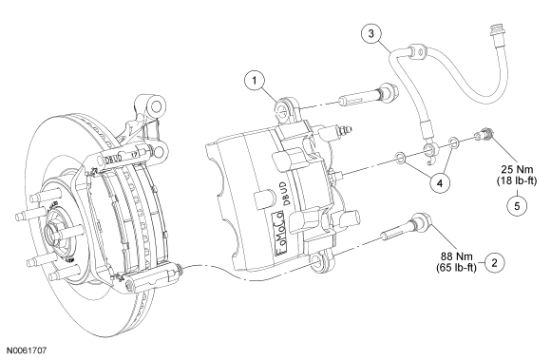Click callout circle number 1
pos(254,81)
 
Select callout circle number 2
pos(494,262)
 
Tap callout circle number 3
pos(371,33)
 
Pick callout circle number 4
pos(439,182)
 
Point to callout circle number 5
pos(517,205)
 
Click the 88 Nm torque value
pos(457,256)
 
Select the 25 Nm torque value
pos(517,169)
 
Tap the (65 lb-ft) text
pos(456,268)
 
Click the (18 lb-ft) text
pos(517,180)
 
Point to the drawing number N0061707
pos(27,351)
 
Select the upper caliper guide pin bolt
pos(369,95)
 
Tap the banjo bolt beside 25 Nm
pos(484,134)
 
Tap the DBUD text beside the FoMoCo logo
pos(287,194)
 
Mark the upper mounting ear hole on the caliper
pos(282,108)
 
